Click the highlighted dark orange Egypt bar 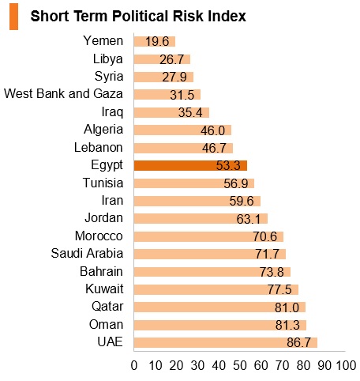click(x=190, y=165)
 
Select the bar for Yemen click(x=155, y=41)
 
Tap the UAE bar click(x=226, y=342)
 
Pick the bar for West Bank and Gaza click(x=167, y=95)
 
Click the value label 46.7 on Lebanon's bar click(x=214, y=148)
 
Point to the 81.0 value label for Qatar click(x=287, y=307)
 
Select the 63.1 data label click(x=248, y=219)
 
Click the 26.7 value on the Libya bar click(x=171, y=59)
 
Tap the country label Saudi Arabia click(x=87, y=253)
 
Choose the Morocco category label click(x=99, y=236)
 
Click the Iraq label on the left click(x=112, y=112)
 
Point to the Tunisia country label click(x=103, y=183)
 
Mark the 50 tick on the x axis click(x=240, y=365)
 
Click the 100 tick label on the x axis click(x=347, y=365)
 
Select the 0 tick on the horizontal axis click(x=134, y=365)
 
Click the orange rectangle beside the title click(x=13, y=17)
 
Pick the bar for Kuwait click(x=216, y=289)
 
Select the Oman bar click(x=220, y=325)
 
